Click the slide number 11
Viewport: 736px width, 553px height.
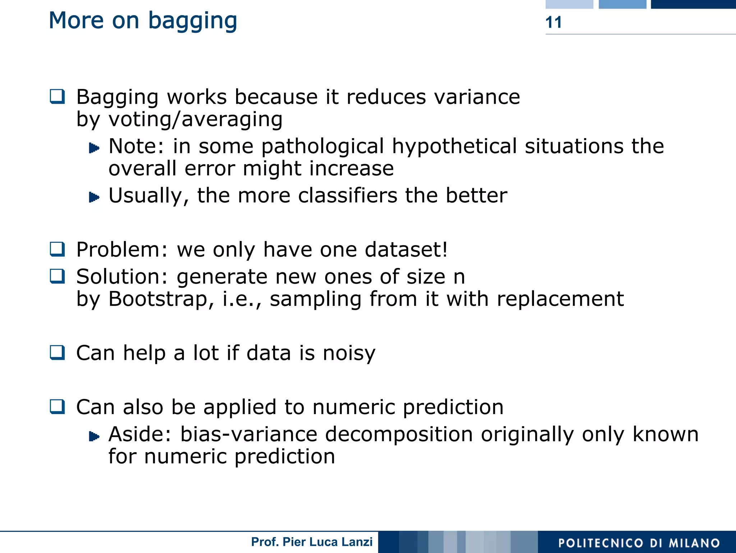coord(553,22)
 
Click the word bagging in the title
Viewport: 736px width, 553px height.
coord(193,21)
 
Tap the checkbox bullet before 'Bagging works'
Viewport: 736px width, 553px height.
coord(57,96)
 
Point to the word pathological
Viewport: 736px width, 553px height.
coord(322,146)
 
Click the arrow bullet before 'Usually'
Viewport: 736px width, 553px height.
coord(94,197)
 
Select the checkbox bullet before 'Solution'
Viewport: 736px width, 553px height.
coord(57,276)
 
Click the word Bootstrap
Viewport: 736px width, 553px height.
coord(158,299)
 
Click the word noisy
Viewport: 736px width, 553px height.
coord(349,353)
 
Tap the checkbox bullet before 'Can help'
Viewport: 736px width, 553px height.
coord(57,353)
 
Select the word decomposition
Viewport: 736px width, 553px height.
coord(399,434)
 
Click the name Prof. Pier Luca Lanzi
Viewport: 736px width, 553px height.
coord(312,542)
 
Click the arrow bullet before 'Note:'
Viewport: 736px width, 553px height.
coord(94,148)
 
